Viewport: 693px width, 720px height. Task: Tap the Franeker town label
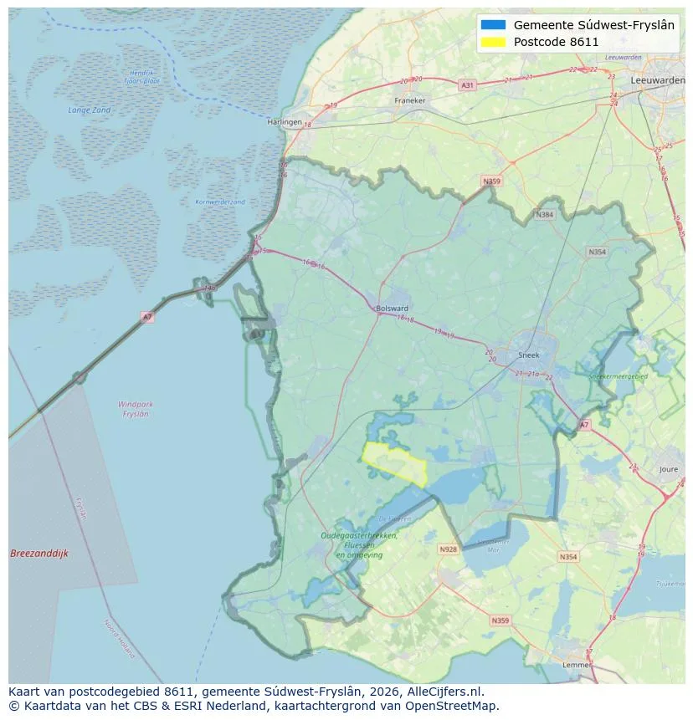[x=409, y=100]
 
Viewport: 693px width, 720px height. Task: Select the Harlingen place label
[x=284, y=122]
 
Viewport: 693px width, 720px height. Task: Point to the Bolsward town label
[x=393, y=308]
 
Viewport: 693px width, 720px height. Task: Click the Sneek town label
[x=529, y=355]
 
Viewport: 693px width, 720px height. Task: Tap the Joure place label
[x=668, y=470]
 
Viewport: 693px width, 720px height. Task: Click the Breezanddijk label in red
[x=38, y=554]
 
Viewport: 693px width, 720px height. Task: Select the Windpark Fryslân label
[x=135, y=409]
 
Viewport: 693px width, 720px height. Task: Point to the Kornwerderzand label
[x=220, y=202]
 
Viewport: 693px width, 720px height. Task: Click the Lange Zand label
[x=89, y=110]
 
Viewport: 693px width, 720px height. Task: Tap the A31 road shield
[x=467, y=85]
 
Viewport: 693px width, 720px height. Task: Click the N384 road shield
[x=545, y=215]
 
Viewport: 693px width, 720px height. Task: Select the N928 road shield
[x=448, y=549]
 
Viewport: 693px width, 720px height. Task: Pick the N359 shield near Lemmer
[x=500, y=620]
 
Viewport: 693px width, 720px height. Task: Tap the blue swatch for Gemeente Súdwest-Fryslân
[x=494, y=25]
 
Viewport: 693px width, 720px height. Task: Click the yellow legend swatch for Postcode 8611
[x=494, y=42]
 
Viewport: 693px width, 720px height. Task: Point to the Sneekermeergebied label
[x=619, y=377]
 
